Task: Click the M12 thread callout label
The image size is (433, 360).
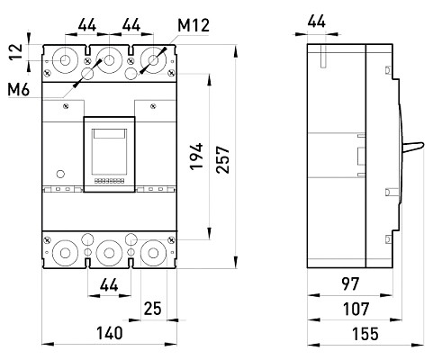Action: coord(194,25)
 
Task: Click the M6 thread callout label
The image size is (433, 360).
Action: coord(19,90)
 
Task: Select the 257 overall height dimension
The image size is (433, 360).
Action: coord(223,159)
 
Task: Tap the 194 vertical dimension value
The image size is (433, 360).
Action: coord(196,157)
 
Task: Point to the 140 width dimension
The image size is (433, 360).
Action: coord(110,333)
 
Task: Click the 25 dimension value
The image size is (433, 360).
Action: coord(153,309)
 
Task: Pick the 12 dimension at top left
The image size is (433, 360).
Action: coord(15,52)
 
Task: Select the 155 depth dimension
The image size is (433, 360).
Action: coord(365,334)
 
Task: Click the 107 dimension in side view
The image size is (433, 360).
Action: coord(356,309)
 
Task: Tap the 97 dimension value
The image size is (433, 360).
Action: coord(350,283)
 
